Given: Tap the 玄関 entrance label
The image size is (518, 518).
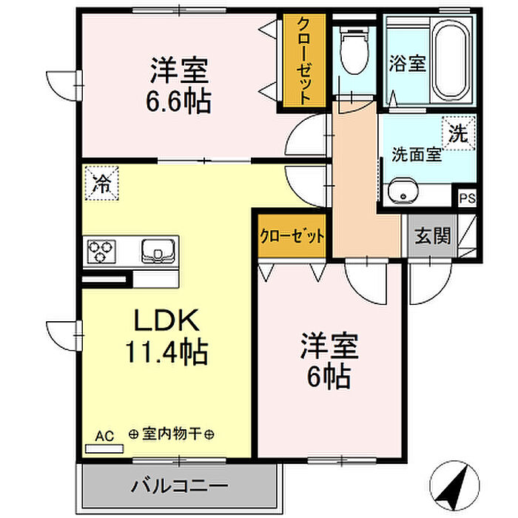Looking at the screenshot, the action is (432, 237).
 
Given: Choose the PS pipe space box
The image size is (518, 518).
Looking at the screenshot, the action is (467, 198).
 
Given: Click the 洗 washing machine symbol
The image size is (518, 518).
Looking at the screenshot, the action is (458, 135).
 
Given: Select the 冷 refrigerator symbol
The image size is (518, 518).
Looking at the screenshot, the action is (101, 183).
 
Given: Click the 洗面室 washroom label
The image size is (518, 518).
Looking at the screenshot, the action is (416, 155).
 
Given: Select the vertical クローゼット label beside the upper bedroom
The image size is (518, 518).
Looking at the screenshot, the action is (304, 62).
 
